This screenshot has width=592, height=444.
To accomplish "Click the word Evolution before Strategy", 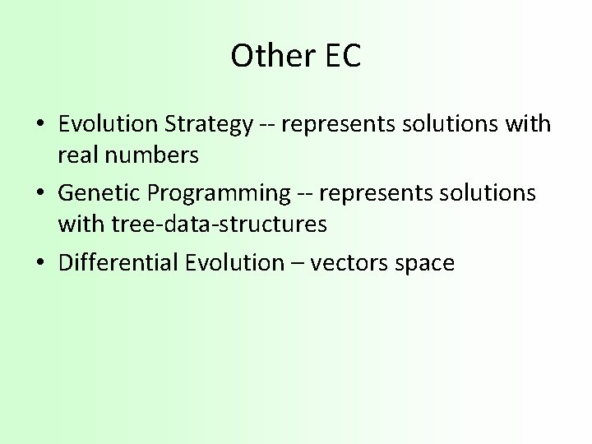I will pyautogui.click(x=110, y=124).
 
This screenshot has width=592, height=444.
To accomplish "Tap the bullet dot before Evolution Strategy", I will pyautogui.click(x=39, y=125).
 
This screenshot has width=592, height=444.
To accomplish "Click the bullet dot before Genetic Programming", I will pyautogui.click(x=39, y=194).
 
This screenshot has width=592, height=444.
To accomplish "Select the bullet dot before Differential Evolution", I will pyautogui.click(x=39, y=263).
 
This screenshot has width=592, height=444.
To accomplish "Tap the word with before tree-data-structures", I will pyautogui.click(x=76, y=223).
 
